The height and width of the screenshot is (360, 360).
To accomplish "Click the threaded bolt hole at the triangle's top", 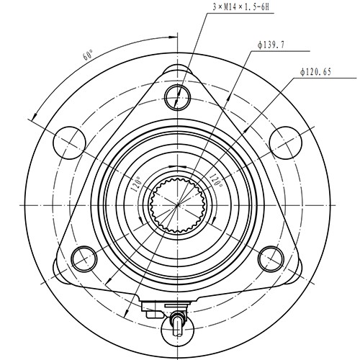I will click(x=176, y=94).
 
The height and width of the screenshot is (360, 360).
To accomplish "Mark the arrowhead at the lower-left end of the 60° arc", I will click(x=33, y=118).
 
